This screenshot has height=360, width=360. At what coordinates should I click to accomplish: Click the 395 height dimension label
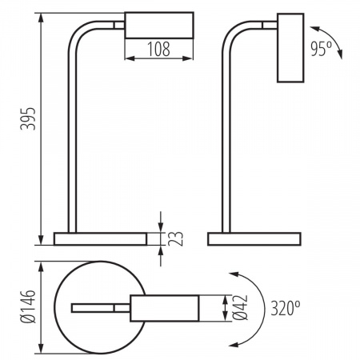pos(28,118)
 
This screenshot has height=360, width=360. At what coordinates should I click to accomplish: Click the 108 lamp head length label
pos(158,49)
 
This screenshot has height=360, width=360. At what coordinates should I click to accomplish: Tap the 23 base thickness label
pos(175,238)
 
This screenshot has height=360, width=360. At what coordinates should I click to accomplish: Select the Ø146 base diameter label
pos(28,306)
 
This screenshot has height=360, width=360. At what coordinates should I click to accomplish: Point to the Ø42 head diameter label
pos(240,307)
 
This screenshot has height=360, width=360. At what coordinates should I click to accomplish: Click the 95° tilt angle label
pos(321,49)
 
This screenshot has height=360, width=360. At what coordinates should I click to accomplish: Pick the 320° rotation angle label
pos(286,308)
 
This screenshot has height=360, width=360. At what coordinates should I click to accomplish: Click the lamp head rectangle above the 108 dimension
pos(159,25)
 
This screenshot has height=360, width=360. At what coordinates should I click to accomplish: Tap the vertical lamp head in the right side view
pos(290,48)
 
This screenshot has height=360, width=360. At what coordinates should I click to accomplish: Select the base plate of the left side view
pos(100,238)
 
